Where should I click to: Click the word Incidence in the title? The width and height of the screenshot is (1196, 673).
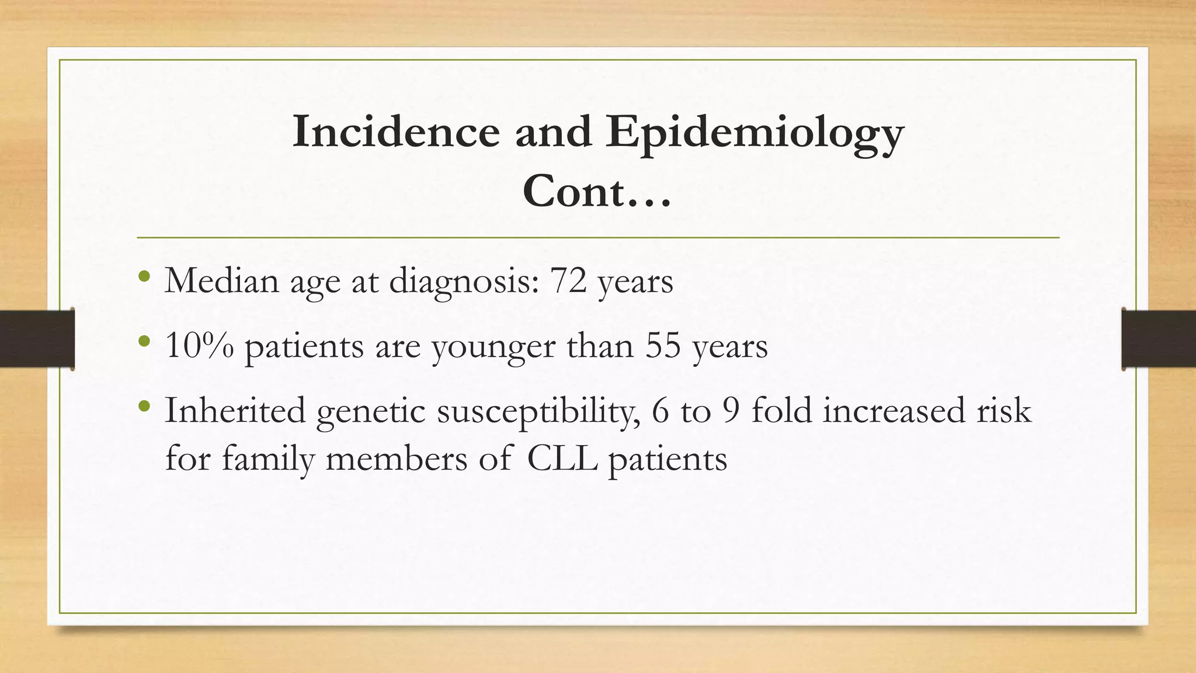(396, 132)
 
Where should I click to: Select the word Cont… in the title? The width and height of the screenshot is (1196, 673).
(597, 191)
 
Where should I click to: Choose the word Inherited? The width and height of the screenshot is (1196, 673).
(235, 410)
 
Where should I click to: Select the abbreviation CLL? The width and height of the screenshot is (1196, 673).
(562, 459)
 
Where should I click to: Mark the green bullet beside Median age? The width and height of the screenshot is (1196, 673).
(144, 275)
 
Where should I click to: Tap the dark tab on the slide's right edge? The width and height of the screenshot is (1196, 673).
(1159, 339)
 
